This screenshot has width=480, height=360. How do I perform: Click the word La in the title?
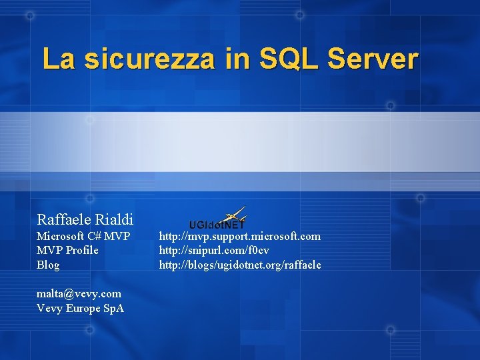tap(59, 59)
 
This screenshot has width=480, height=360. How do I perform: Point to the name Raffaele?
tap(63, 219)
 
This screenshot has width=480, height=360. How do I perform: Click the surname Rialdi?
tap(114, 219)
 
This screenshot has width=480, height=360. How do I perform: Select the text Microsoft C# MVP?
tap(83, 236)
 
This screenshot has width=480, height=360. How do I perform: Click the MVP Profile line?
tap(67, 250)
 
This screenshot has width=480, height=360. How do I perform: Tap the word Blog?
tap(48, 265)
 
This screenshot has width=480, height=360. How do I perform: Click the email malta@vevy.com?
tap(79, 293)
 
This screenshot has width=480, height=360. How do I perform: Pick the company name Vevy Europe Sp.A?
tap(80, 308)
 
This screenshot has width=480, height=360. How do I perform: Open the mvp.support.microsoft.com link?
tap(239, 236)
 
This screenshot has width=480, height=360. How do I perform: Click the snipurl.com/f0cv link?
tap(214, 250)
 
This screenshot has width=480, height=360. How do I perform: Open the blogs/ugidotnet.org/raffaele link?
tap(239, 265)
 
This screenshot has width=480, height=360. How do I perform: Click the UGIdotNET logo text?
tap(217, 225)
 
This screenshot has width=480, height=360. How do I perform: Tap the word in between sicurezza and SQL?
tap(237, 59)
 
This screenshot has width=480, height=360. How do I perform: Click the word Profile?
tap(82, 250)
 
